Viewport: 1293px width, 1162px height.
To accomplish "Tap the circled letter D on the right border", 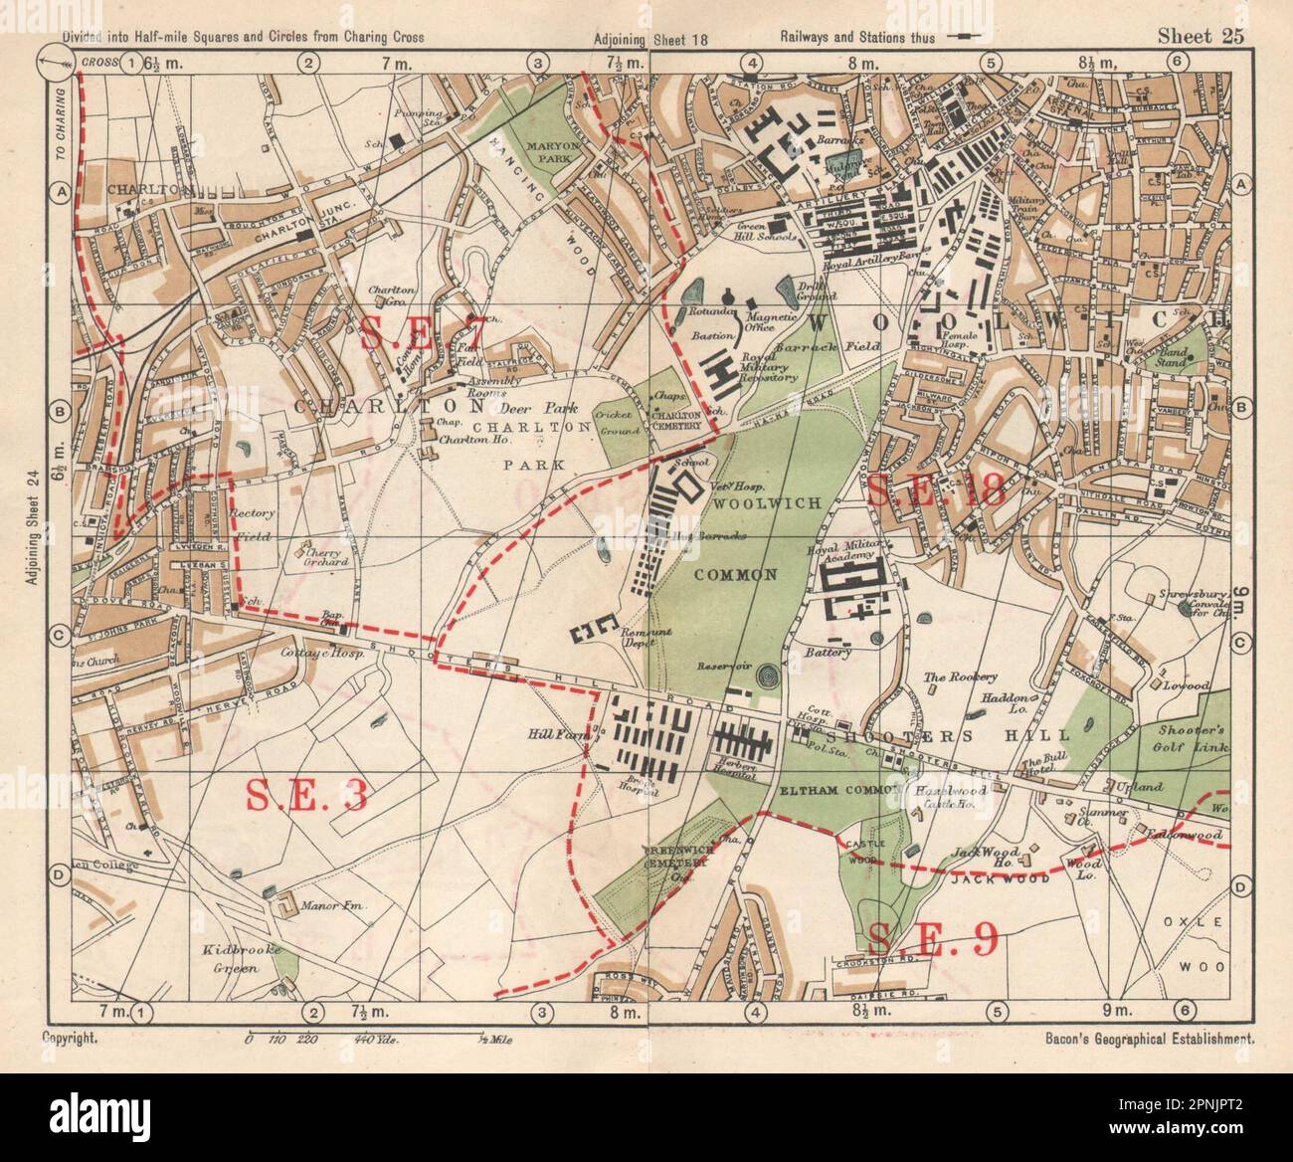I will tap(1240, 887).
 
